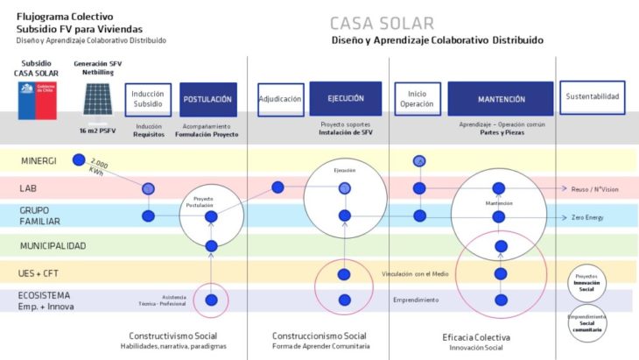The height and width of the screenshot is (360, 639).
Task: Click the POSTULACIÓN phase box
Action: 207,100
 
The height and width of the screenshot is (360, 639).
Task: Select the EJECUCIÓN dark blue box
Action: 345,99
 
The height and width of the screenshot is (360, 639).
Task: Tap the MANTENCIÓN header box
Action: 501,99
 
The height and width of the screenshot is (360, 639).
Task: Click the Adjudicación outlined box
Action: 280,100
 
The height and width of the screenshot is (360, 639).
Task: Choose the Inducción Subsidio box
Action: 148,100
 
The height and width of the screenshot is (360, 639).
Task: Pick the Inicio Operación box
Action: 417,100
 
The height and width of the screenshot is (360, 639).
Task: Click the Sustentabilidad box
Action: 593,97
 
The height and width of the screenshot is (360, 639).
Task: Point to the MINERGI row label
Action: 40,160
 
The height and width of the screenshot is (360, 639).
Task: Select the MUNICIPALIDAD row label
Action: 53,246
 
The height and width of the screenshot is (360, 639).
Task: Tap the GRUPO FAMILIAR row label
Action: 40,215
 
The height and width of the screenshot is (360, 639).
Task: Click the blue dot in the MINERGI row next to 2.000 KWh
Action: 80,159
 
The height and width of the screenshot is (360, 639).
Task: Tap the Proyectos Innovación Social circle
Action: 586,279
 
